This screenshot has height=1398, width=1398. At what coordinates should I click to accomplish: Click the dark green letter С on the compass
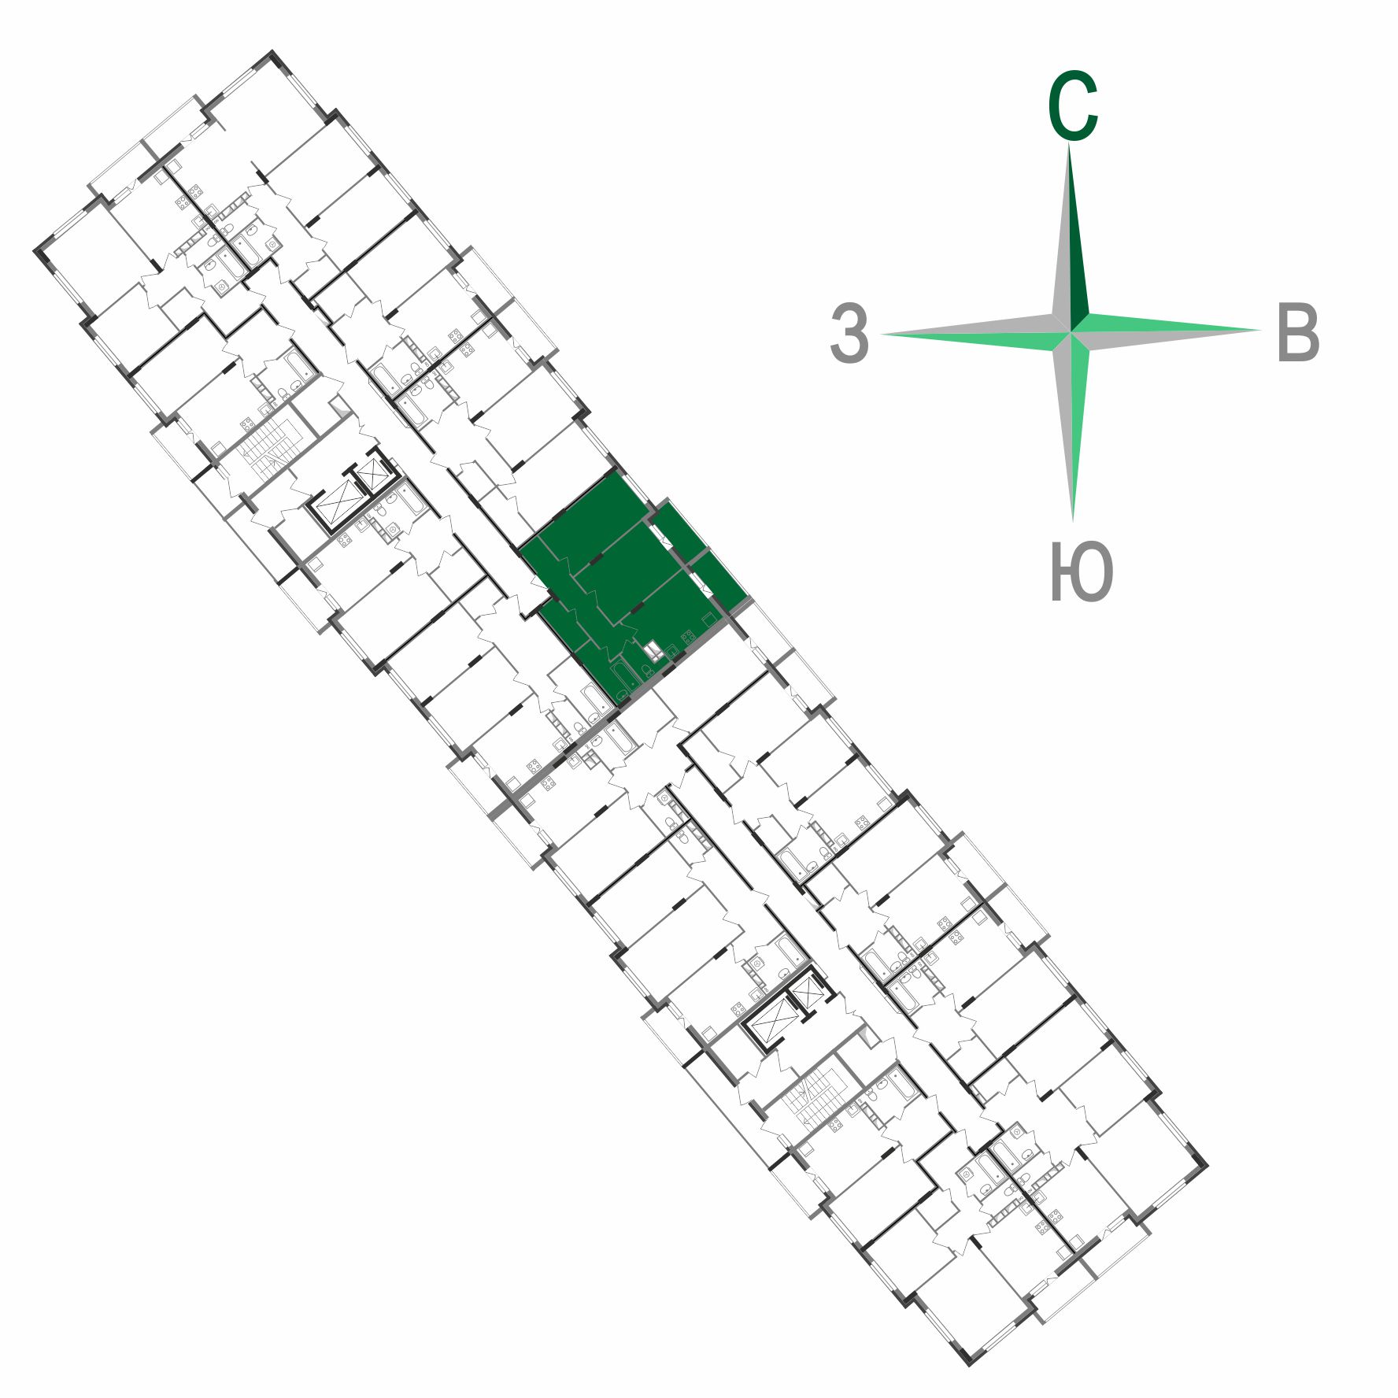coord(1072,105)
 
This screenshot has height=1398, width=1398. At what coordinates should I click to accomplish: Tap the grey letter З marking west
coord(849,333)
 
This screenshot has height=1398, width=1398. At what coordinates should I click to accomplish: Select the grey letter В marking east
coord(1297,332)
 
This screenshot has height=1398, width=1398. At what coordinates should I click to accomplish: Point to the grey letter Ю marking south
coord(1082,571)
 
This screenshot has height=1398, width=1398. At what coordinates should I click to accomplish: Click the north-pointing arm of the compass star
coord(1070,236)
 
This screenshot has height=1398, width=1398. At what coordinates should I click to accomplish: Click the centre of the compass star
coord(1071,332)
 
